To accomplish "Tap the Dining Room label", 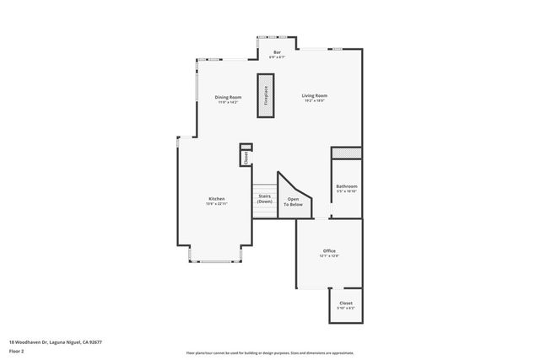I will pos(228,97).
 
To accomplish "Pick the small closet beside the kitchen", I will pos(246,156).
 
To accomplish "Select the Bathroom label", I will pos(347,186).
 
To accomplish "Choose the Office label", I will pos(330,251).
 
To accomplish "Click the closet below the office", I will pos(346,303).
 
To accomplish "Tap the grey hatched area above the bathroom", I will pos(346,153).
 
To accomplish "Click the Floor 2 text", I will pos(17,350).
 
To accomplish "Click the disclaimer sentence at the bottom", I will pos(271,353).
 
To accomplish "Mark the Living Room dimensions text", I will pos(315,101).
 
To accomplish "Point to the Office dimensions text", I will pos(330,256).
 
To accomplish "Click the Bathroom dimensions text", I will pos(347,191).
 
